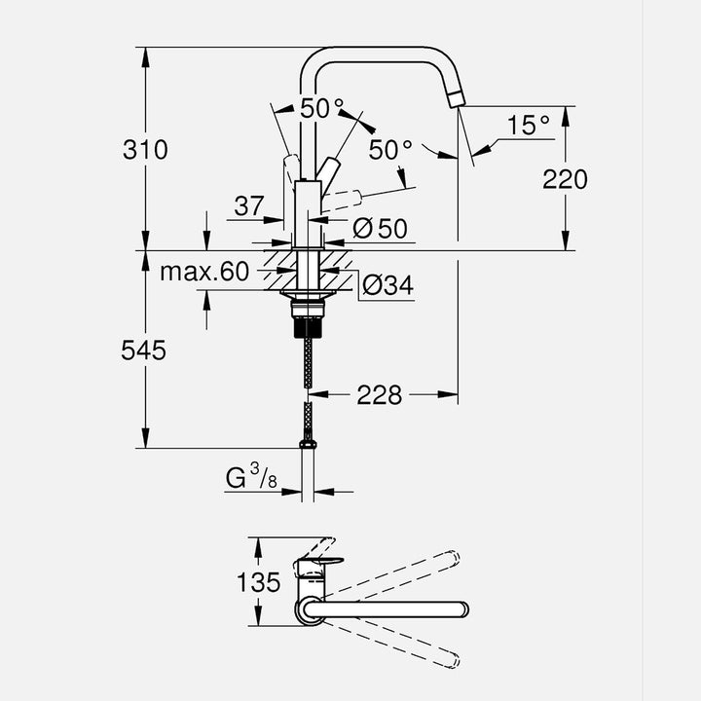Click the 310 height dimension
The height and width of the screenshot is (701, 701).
coord(145,150)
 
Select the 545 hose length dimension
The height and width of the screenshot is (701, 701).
coord(143,350)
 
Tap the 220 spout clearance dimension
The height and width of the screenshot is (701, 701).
coord(566,179)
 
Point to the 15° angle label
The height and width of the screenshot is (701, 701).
coord(529,125)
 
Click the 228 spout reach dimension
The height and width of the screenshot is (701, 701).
coord(380,394)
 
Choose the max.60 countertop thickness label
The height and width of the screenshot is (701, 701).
coord(204,272)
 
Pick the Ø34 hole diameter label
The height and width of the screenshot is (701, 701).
coord(387,285)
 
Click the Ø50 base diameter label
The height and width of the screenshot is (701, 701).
coord(379,229)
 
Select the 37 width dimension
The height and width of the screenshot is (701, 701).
coord(248,205)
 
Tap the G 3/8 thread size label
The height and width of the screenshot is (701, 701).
coord(250,477)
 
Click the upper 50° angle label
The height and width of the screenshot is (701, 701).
coord(321,109)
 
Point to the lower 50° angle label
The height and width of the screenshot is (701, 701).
coord(390,150)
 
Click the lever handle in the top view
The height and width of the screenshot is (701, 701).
coord(321,563)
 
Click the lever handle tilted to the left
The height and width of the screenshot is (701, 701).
coord(291,166)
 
